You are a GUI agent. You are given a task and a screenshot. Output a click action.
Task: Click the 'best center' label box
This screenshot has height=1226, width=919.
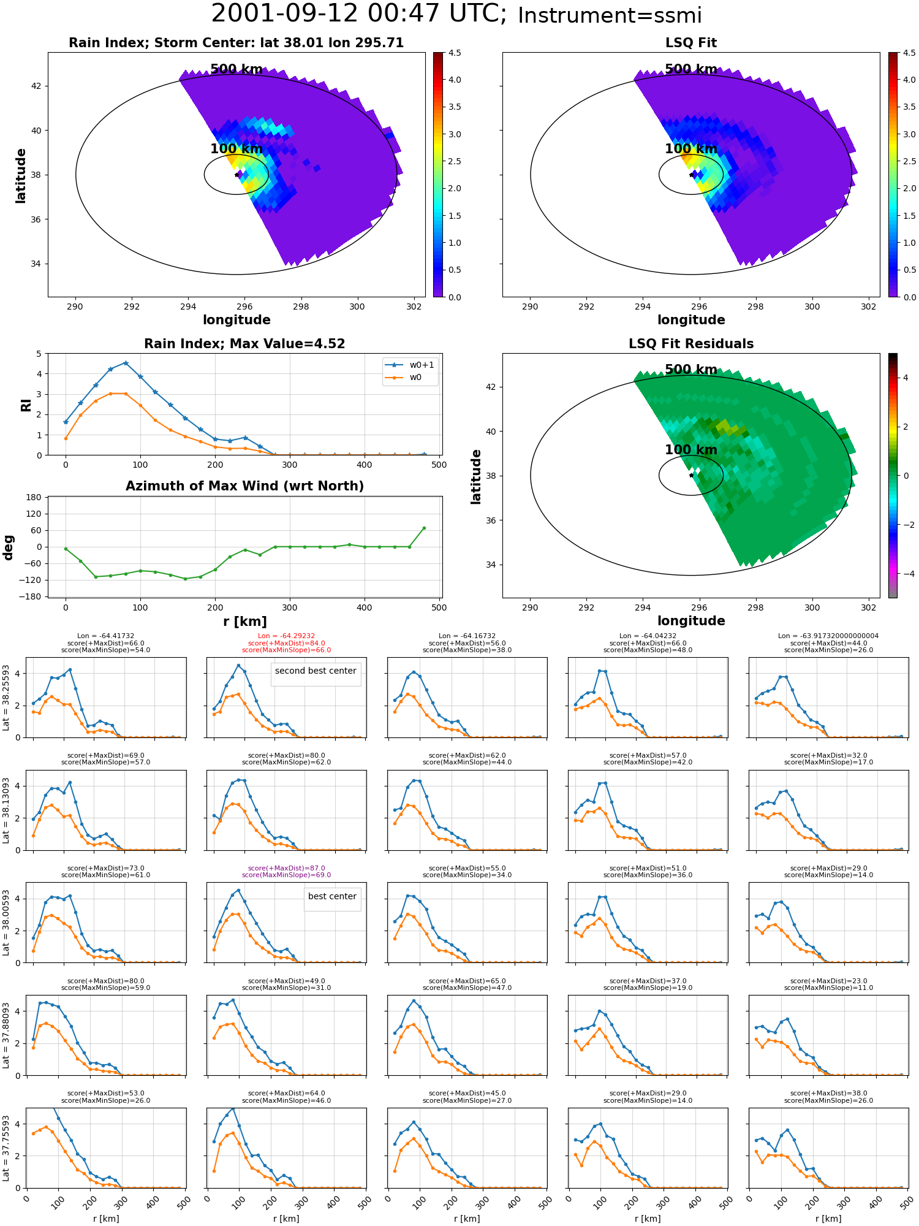332,899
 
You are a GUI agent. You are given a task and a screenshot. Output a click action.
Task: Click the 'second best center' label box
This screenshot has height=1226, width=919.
316,674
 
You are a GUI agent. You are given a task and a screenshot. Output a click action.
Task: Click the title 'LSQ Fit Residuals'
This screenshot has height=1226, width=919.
691,344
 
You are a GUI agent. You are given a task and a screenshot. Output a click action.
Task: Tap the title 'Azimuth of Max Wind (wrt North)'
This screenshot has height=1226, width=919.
244,486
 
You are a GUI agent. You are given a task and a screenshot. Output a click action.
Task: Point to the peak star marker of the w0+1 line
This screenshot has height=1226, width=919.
126,363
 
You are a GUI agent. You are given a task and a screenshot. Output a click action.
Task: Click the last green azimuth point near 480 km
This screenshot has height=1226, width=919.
424,528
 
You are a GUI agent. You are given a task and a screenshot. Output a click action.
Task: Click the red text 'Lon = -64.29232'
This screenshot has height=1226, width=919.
286,636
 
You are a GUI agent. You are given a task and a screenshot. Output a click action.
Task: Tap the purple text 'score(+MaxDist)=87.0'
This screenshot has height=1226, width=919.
286,868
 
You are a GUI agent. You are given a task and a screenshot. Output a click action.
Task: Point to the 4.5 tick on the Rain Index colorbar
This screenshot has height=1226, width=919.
455,53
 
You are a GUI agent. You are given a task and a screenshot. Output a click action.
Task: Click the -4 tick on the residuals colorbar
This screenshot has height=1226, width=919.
906,574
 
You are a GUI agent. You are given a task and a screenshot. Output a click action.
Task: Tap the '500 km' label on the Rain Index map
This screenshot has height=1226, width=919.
236,69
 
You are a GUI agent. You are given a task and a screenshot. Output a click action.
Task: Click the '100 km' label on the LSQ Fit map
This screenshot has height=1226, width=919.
691,149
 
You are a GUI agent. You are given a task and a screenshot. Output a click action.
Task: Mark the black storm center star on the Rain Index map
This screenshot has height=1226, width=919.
236,175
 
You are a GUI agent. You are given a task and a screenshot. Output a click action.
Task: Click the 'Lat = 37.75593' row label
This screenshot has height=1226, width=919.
6,1148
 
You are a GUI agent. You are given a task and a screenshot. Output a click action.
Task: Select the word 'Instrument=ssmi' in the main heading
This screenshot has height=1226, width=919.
610,16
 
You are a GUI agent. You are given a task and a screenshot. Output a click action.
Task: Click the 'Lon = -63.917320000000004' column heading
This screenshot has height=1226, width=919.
829,636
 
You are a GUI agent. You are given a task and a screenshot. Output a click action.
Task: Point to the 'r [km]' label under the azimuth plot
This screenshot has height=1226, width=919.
245,622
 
